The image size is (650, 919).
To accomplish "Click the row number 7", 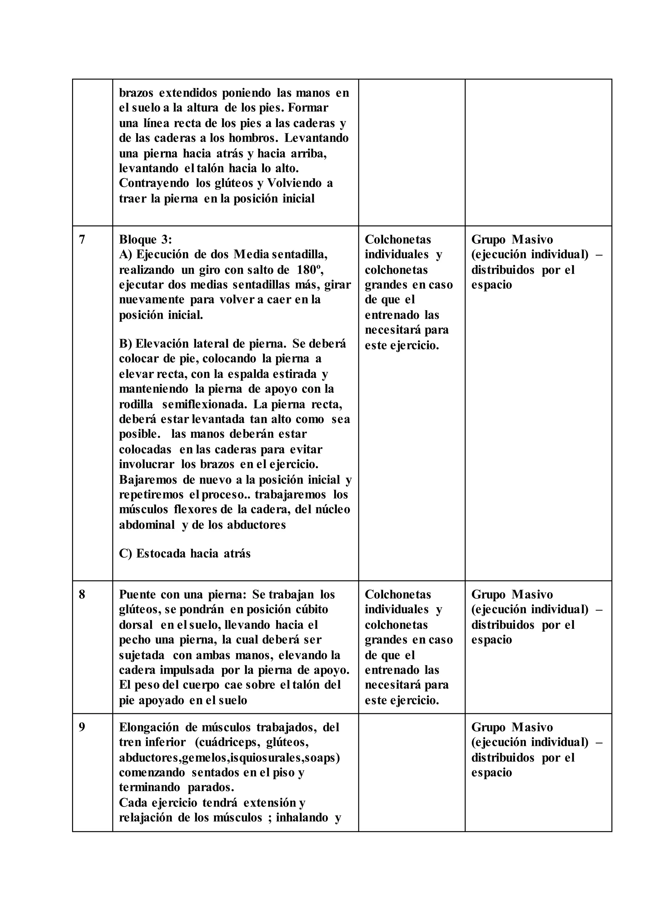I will pyautogui.click(x=82, y=240).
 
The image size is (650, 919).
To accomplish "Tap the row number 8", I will pyautogui.click(x=82, y=595).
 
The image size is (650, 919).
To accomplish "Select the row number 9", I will pyautogui.click(x=82, y=727).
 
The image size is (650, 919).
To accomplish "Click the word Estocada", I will pyautogui.click(x=160, y=554).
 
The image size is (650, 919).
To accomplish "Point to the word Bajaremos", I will pyautogui.click(x=148, y=480).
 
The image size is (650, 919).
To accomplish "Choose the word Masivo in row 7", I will pyautogui.click(x=532, y=240).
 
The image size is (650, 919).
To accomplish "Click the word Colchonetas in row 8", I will pyautogui.click(x=398, y=595).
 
